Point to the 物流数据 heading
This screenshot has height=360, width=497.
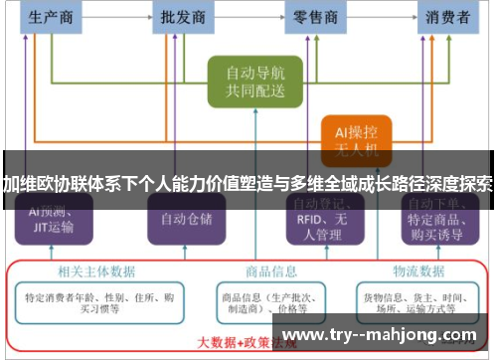tap(417, 270)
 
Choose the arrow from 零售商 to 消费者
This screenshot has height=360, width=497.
tap(381, 17)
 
